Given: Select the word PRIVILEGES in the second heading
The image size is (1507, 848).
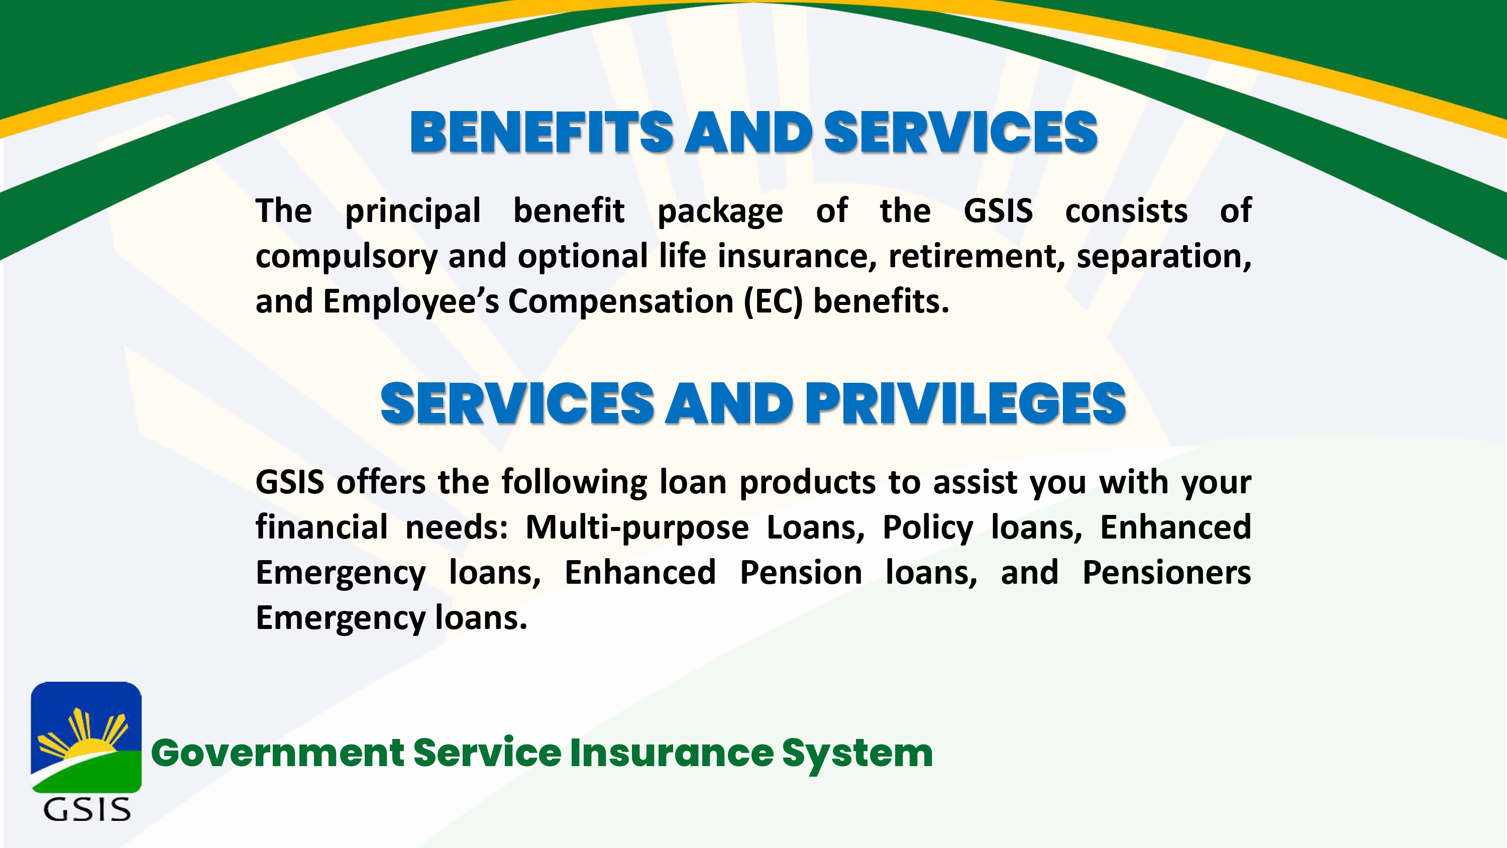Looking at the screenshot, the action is click(x=965, y=403).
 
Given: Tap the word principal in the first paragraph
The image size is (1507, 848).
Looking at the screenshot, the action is click(x=412, y=213).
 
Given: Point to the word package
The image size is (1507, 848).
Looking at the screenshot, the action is click(x=720, y=213).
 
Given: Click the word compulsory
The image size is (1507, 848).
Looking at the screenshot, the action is click(x=346, y=258).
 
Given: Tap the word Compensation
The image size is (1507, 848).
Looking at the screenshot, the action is click(x=621, y=302).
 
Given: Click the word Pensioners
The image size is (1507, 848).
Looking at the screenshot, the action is click(x=1166, y=573).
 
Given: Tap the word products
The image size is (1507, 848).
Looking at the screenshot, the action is click(x=807, y=483).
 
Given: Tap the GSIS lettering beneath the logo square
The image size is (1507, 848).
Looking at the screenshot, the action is click(x=86, y=810).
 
